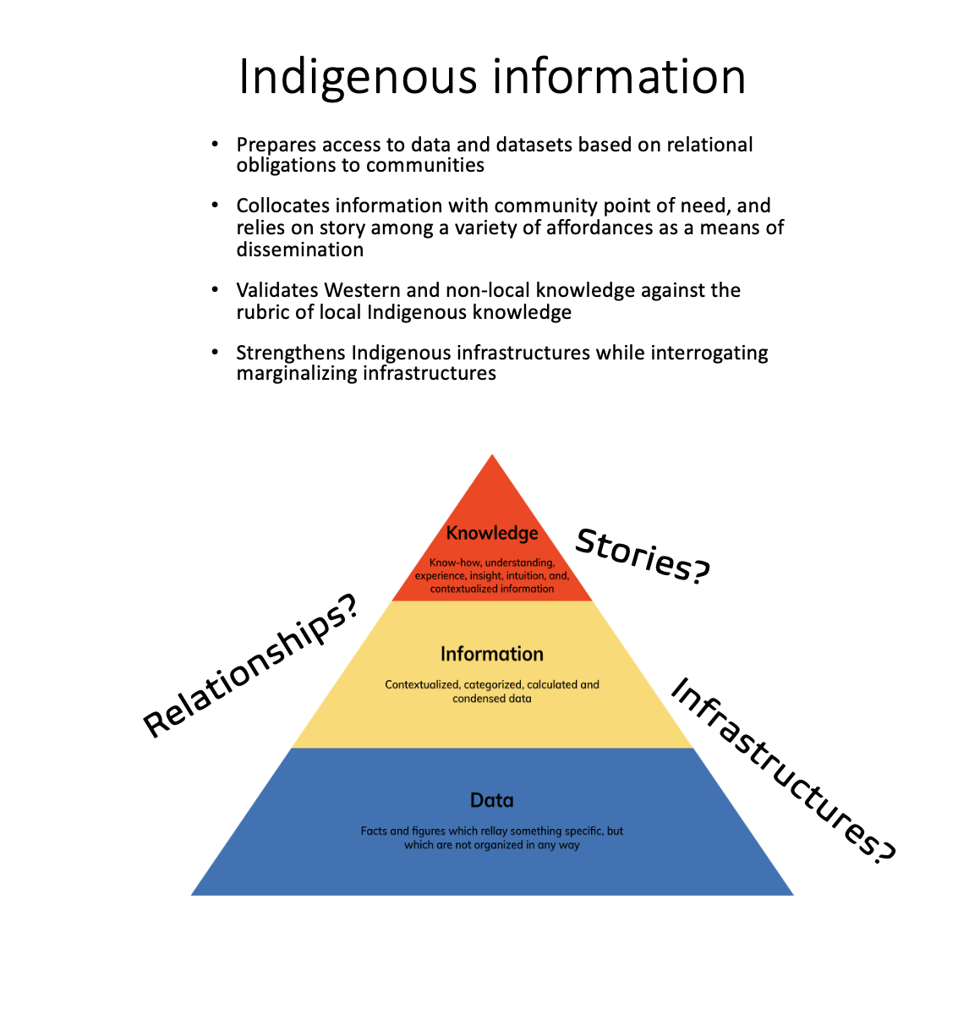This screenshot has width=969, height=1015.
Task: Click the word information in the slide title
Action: coord(619,76)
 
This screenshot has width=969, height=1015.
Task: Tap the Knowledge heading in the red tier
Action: coord(492,533)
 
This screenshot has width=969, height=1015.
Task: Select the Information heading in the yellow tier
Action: coord(492,654)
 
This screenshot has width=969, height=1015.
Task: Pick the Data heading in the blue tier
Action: coord(492,800)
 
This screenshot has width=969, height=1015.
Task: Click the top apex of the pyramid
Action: coord(492,457)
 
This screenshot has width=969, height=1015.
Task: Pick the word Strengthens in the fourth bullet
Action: coord(290,353)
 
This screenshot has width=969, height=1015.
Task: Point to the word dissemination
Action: coord(300,250)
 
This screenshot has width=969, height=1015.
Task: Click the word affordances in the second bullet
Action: coord(597,228)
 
